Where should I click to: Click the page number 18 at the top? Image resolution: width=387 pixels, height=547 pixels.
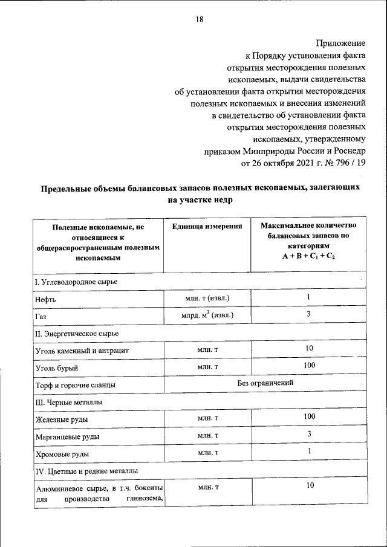[199, 19]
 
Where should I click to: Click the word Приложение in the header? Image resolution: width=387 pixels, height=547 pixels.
[341, 43]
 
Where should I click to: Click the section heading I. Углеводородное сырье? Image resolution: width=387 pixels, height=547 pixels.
[76, 282]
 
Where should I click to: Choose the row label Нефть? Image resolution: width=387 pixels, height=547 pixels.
[46, 299]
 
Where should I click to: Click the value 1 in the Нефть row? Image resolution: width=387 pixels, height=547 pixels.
[308, 297]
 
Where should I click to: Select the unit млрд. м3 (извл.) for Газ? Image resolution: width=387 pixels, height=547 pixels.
[207, 315]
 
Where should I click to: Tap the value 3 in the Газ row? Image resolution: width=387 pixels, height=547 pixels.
[308, 314]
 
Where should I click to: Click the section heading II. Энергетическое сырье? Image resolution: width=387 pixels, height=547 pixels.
[76, 334]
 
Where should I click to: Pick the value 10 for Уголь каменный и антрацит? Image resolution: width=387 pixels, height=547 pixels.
[308, 349]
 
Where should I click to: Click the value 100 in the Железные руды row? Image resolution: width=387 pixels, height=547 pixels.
[308, 417]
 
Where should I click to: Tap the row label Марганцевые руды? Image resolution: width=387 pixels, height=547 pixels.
[67, 436]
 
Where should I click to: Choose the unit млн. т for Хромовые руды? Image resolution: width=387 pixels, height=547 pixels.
[207, 452]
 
